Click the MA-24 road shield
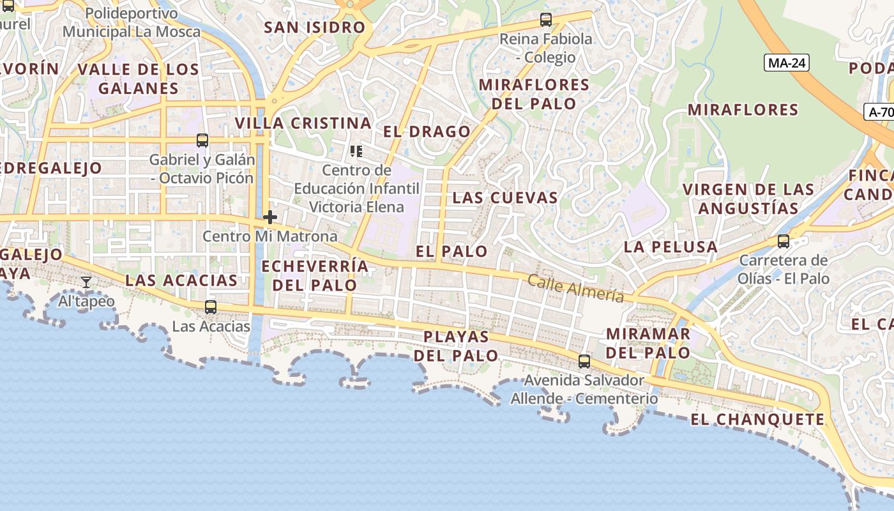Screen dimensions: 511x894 [786, 63]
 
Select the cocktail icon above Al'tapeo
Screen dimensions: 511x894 [86, 282]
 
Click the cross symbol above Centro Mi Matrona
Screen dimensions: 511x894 [270, 217]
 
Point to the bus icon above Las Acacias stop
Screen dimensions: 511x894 [211, 307]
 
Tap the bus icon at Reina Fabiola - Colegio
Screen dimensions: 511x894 [545, 20]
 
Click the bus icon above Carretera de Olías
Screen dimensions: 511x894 [784, 241]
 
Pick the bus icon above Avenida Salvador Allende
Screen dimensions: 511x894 [584, 362]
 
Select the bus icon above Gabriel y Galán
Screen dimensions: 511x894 [202, 141]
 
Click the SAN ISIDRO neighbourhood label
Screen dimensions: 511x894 [314, 27]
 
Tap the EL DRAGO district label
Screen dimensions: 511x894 [427, 132]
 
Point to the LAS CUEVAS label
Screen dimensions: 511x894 [505, 198]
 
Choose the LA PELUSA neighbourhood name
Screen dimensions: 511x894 [670, 247]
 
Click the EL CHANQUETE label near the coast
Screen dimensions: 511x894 [757, 420]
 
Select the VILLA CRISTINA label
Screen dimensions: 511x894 [303, 123]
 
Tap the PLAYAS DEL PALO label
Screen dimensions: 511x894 [456, 346]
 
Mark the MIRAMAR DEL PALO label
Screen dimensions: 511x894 [648, 343]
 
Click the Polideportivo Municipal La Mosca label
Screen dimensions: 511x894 [132, 22]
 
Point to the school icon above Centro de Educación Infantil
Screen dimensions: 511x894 [356, 151]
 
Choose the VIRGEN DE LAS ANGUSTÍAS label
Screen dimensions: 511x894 [748, 199]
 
